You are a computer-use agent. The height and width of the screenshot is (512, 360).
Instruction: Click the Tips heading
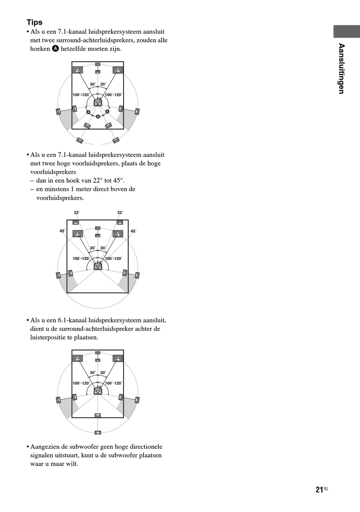click(34, 22)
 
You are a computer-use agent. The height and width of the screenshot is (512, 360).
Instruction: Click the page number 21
click(319, 490)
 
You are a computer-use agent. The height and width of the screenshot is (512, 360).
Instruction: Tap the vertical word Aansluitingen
click(341, 69)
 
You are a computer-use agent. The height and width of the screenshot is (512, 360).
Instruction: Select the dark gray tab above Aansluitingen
click(346, 31)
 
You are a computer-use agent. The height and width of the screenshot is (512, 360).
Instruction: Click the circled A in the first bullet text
click(55, 49)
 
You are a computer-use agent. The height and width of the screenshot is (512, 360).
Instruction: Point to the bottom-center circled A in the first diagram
click(98, 116)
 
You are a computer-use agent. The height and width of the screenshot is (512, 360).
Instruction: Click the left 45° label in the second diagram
click(63, 231)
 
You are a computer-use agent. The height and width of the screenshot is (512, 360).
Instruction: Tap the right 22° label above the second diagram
click(120, 213)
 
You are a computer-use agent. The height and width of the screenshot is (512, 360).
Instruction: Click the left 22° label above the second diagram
click(77, 213)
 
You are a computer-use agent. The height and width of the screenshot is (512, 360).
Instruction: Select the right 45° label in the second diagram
click(133, 231)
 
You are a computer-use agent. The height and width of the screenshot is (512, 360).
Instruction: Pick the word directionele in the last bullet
click(146, 447)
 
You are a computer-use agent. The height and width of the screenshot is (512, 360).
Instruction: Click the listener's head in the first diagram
click(98, 102)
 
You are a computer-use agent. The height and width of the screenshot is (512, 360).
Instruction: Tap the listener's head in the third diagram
click(98, 390)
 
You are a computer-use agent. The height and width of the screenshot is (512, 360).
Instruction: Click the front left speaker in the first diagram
click(78, 70)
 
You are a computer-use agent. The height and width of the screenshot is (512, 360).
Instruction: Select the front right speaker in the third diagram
click(118, 359)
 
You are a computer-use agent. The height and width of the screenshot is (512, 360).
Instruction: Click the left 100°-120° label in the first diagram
click(81, 95)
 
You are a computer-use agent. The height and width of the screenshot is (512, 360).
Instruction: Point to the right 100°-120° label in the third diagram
click(114, 383)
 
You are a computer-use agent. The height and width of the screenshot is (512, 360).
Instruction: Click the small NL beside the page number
click(326, 489)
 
